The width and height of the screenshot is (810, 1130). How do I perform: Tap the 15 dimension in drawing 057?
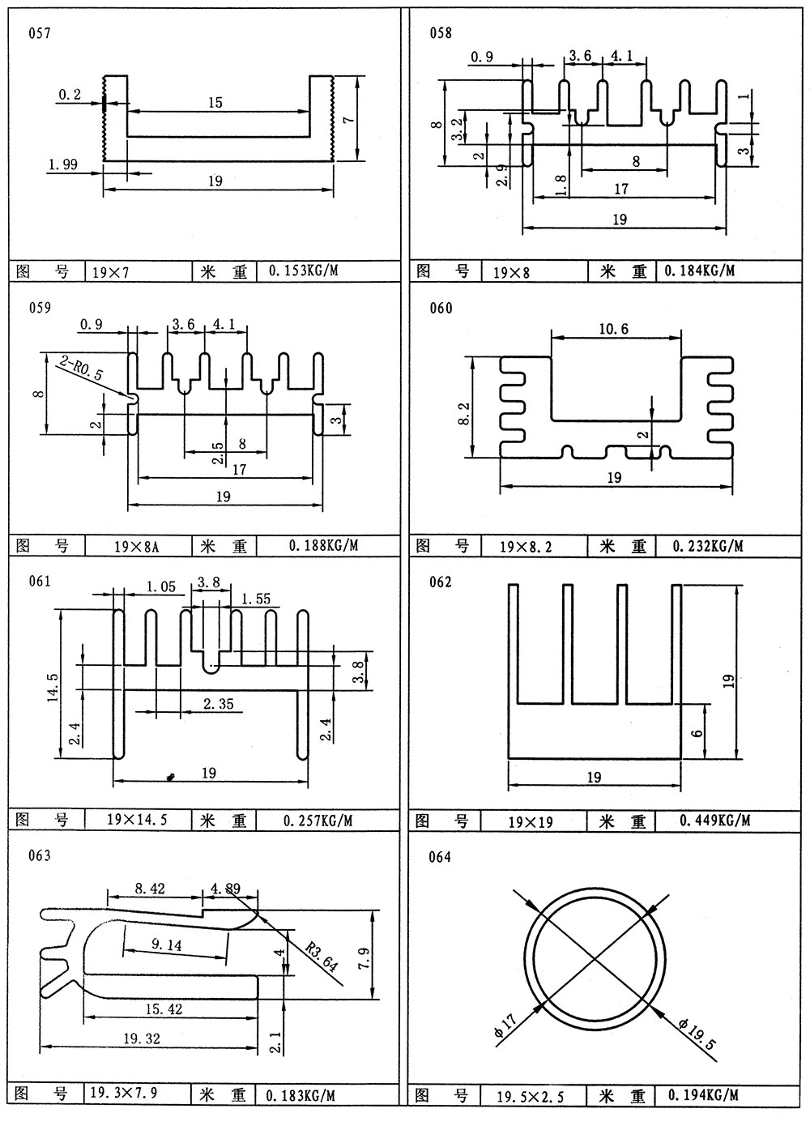[x=215, y=103]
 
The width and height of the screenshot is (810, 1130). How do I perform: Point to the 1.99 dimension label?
[x=62, y=164]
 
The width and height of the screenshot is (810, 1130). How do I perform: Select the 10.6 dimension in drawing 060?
[x=614, y=328]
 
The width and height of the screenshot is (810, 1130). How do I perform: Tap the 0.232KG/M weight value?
[x=707, y=546]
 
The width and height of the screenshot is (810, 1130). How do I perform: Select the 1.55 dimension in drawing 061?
[x=256, y=599]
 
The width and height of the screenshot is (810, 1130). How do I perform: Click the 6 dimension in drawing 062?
[x=697, y=731]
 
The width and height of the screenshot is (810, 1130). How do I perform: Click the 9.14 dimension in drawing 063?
[x=166, y=945]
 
